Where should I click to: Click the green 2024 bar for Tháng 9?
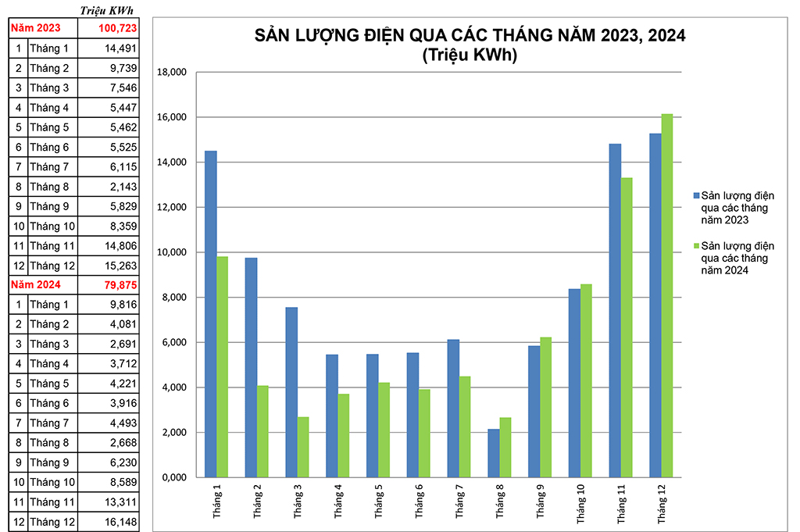pyautogui.click(x=545, y=407)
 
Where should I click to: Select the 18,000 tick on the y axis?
pyautogui.click(x=172, y=73)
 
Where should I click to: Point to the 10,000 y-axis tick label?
pyautogui.click(x=172, y=252)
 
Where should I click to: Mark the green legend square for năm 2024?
pyautogui.click(x=696, y=246)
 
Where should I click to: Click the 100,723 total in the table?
pyautogui.click(x=117, y=28)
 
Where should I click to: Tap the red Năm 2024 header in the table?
pyautogui.click(x=35, y=284)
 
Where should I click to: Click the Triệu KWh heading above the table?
pyautogui.click(x=107, y=9)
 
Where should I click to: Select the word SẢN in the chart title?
pyautogui.click(x=273, y=36)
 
